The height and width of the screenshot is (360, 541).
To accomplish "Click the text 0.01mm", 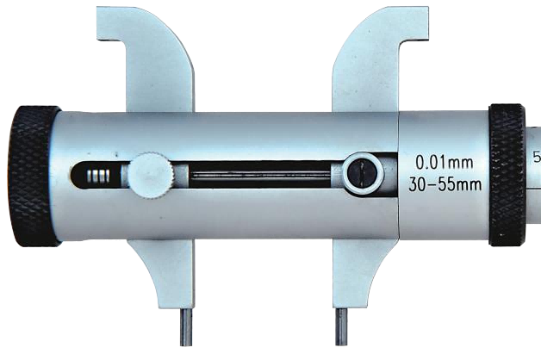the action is click(444, 163).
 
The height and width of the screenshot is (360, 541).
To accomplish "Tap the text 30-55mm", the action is click(445, 184).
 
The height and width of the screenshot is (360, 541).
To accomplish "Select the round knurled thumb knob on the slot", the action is click(151, 176).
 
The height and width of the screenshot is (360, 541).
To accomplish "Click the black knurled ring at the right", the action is click(507, 175).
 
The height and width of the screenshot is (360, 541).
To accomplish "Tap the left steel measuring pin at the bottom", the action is click(186, 326).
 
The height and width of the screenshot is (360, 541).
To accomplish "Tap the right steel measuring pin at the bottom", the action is click(341, 326).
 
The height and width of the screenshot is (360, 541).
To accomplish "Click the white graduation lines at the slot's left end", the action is click(98, 176).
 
